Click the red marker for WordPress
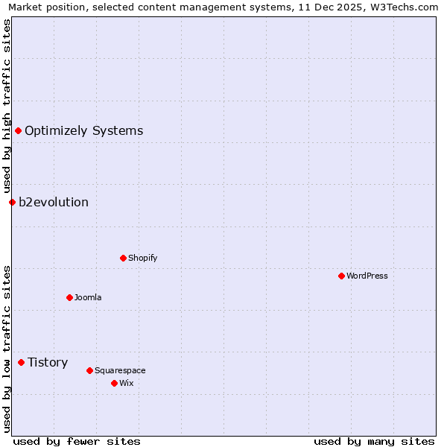(341, 276)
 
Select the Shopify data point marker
(123, 258)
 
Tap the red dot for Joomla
(69, 297)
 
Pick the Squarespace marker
(89, 370)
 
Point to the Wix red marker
(114, 383)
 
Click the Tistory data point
(21, 363)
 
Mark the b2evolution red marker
(12, 202)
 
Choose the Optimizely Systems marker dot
(18, 131)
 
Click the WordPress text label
(367, 276)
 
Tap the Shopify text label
(142, 258)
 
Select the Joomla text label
(88, 297)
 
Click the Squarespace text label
(120, 370)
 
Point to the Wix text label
(126, 383)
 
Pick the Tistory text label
(48, 363)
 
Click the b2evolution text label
(54, 202)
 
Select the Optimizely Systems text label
(83, 131)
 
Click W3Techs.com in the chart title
(405, 7)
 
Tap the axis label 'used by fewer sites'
(77, 441)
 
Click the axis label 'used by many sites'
(374, 441)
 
